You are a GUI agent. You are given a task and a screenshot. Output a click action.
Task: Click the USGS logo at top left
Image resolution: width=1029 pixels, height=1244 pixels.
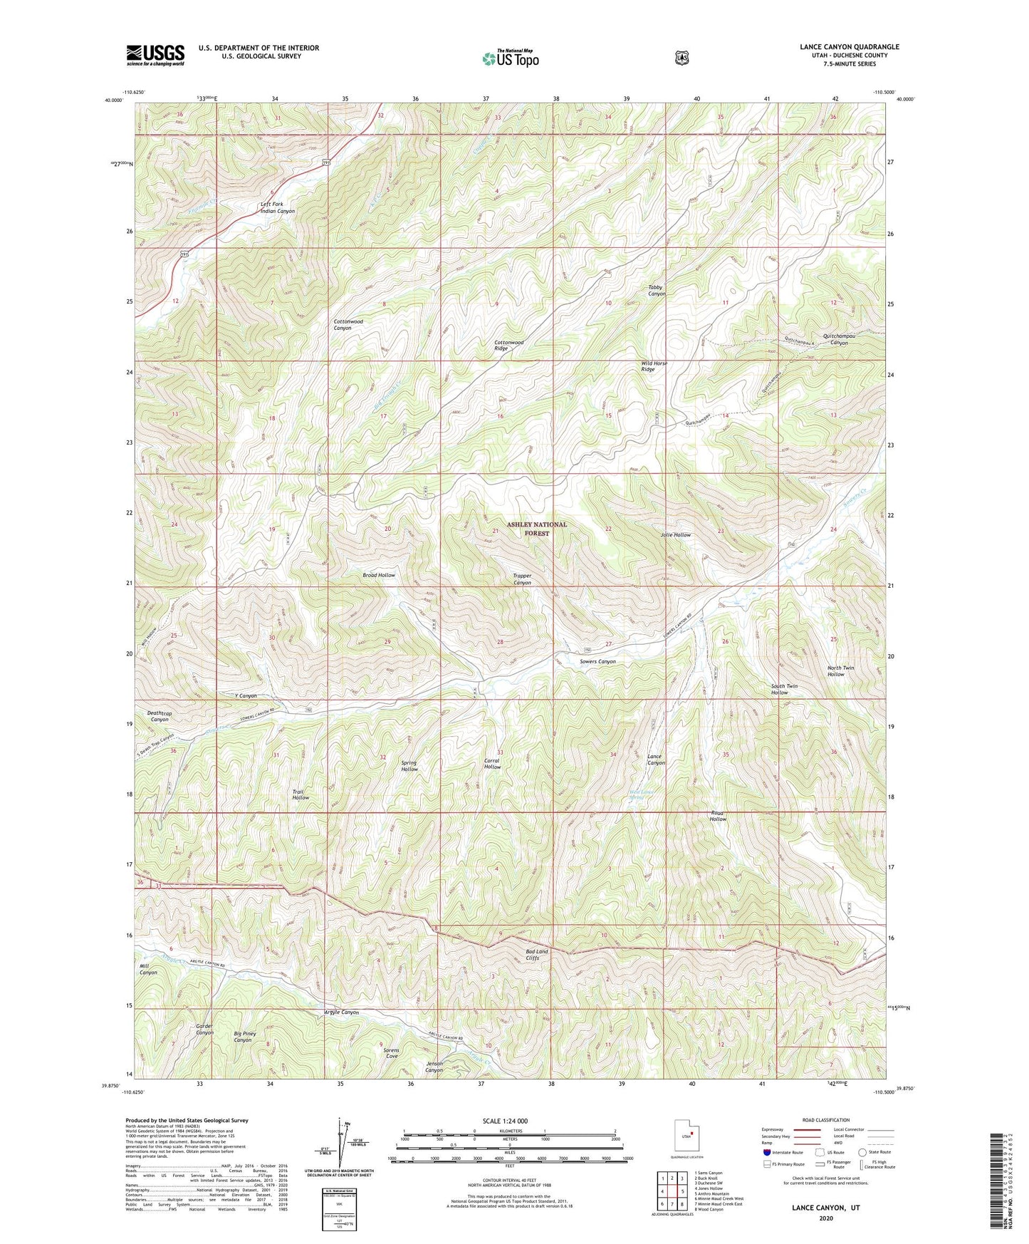tap(155, 55)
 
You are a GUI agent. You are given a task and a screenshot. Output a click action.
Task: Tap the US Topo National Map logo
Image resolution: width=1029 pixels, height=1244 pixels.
tap(509, 58)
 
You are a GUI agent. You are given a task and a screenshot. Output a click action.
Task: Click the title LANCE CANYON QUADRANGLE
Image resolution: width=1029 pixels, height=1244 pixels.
tap(849, 47)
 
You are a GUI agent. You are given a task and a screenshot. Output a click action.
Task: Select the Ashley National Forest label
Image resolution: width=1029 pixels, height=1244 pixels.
tap(537, 528)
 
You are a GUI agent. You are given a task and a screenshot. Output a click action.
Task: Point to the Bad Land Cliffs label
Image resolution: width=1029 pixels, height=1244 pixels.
tap(537, 955)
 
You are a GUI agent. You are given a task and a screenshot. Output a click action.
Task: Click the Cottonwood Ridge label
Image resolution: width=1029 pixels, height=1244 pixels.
tap(509, 346)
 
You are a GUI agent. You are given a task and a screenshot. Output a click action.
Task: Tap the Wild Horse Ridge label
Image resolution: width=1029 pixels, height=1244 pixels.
tap(654, 366)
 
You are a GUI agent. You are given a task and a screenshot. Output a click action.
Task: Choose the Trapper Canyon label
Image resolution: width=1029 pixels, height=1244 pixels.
tap(522, 579)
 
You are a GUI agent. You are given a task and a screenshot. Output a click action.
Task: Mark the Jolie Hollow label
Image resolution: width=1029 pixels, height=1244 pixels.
tap(675, 534)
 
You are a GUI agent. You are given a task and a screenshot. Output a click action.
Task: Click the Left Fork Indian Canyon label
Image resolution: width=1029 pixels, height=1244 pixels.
tap(277, 208)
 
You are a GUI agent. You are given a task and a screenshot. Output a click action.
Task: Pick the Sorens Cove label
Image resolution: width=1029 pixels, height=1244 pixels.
tap(391, 1053)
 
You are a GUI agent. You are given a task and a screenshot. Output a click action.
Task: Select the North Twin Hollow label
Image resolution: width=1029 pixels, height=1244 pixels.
tap(840, 671)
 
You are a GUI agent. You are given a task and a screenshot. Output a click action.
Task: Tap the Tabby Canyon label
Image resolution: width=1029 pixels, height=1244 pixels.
tap(656, 291)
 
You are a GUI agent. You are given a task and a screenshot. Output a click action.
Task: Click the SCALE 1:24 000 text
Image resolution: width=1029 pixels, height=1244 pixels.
tap(505, 1121)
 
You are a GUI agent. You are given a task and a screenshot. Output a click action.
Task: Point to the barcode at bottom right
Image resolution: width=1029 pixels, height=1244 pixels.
tap(1000, 1183)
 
